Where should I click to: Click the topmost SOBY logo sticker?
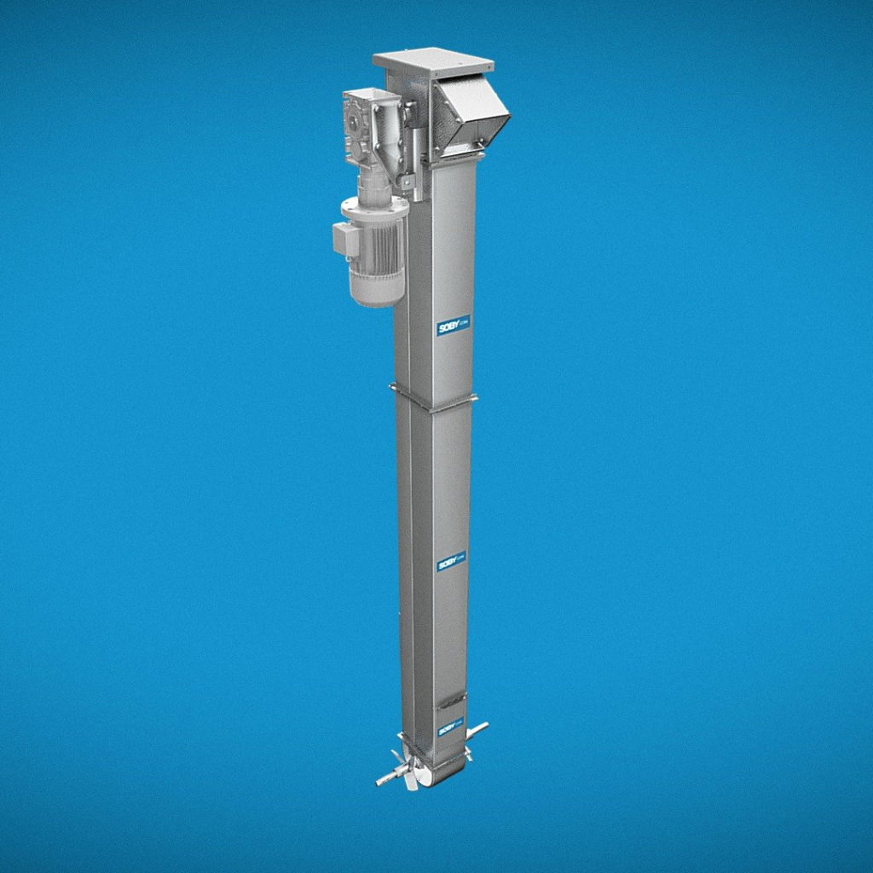(453, 326)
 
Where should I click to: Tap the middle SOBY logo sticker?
(451, 564)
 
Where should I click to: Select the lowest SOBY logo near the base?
(449, 729)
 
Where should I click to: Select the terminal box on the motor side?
(344, 239)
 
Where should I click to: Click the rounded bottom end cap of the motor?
(377, 294)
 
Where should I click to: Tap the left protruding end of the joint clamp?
(395, 388)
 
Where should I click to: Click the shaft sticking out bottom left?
(386, 779)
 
